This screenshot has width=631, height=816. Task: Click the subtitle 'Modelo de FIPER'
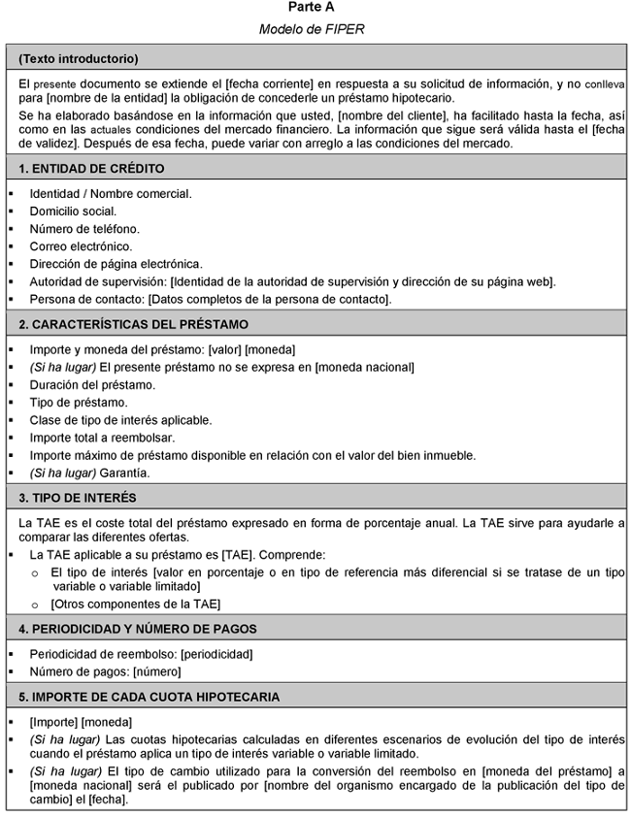click(312, 29)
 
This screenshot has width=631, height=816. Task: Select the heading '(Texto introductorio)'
click(79, 58)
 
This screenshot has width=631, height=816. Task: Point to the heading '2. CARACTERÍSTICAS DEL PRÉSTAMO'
click(134, 324)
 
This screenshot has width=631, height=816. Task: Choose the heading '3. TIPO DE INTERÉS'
click(78, 498)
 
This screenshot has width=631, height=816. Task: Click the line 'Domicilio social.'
click(74, 211)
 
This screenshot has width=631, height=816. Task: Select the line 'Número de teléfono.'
click(84, 229)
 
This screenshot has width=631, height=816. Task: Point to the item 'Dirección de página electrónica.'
click(116, 264)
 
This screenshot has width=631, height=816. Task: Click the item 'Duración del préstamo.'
click(92, 385)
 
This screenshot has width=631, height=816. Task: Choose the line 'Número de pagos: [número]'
click(105, 671)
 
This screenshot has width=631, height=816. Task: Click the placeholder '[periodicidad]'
click(216, 654)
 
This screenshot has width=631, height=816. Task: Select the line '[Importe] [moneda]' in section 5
click(81, 722)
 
